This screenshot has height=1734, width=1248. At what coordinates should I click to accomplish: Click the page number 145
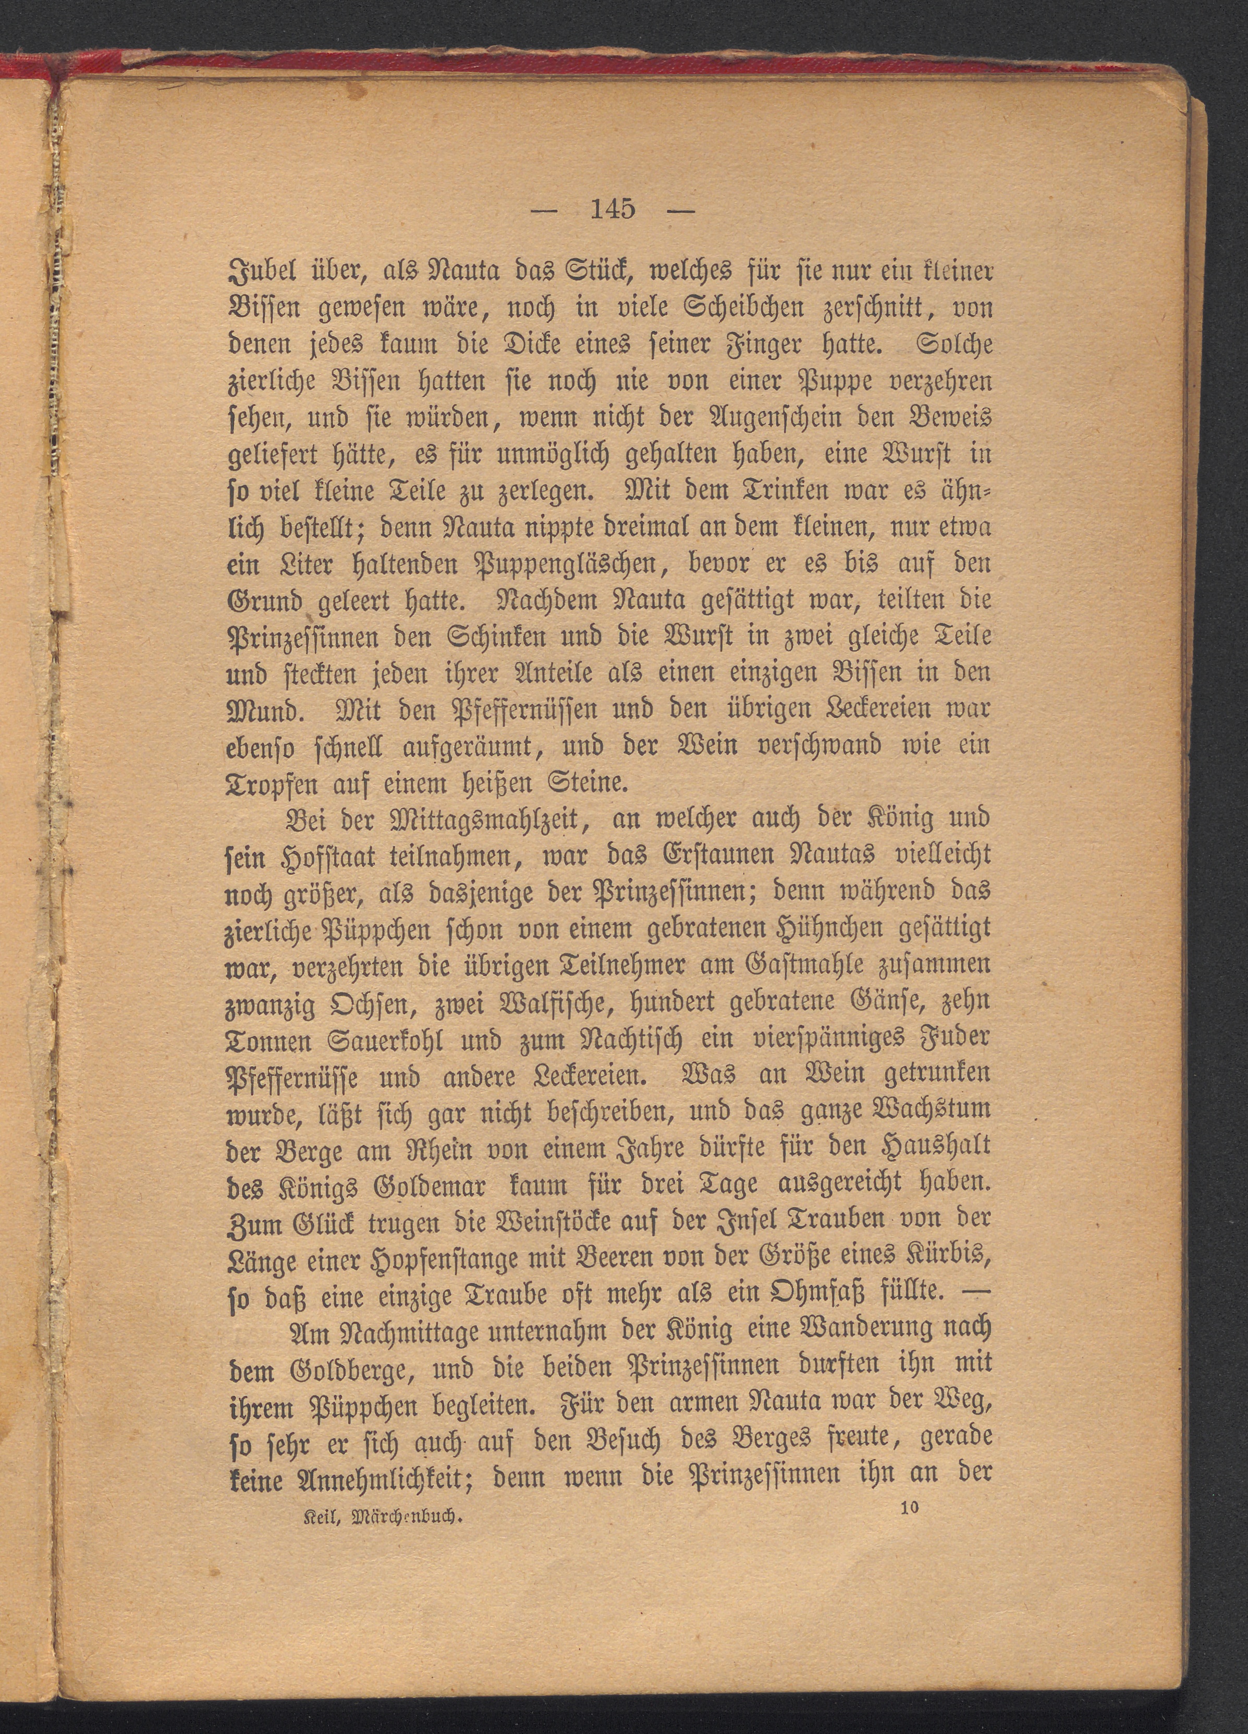(x=613, y=209)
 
